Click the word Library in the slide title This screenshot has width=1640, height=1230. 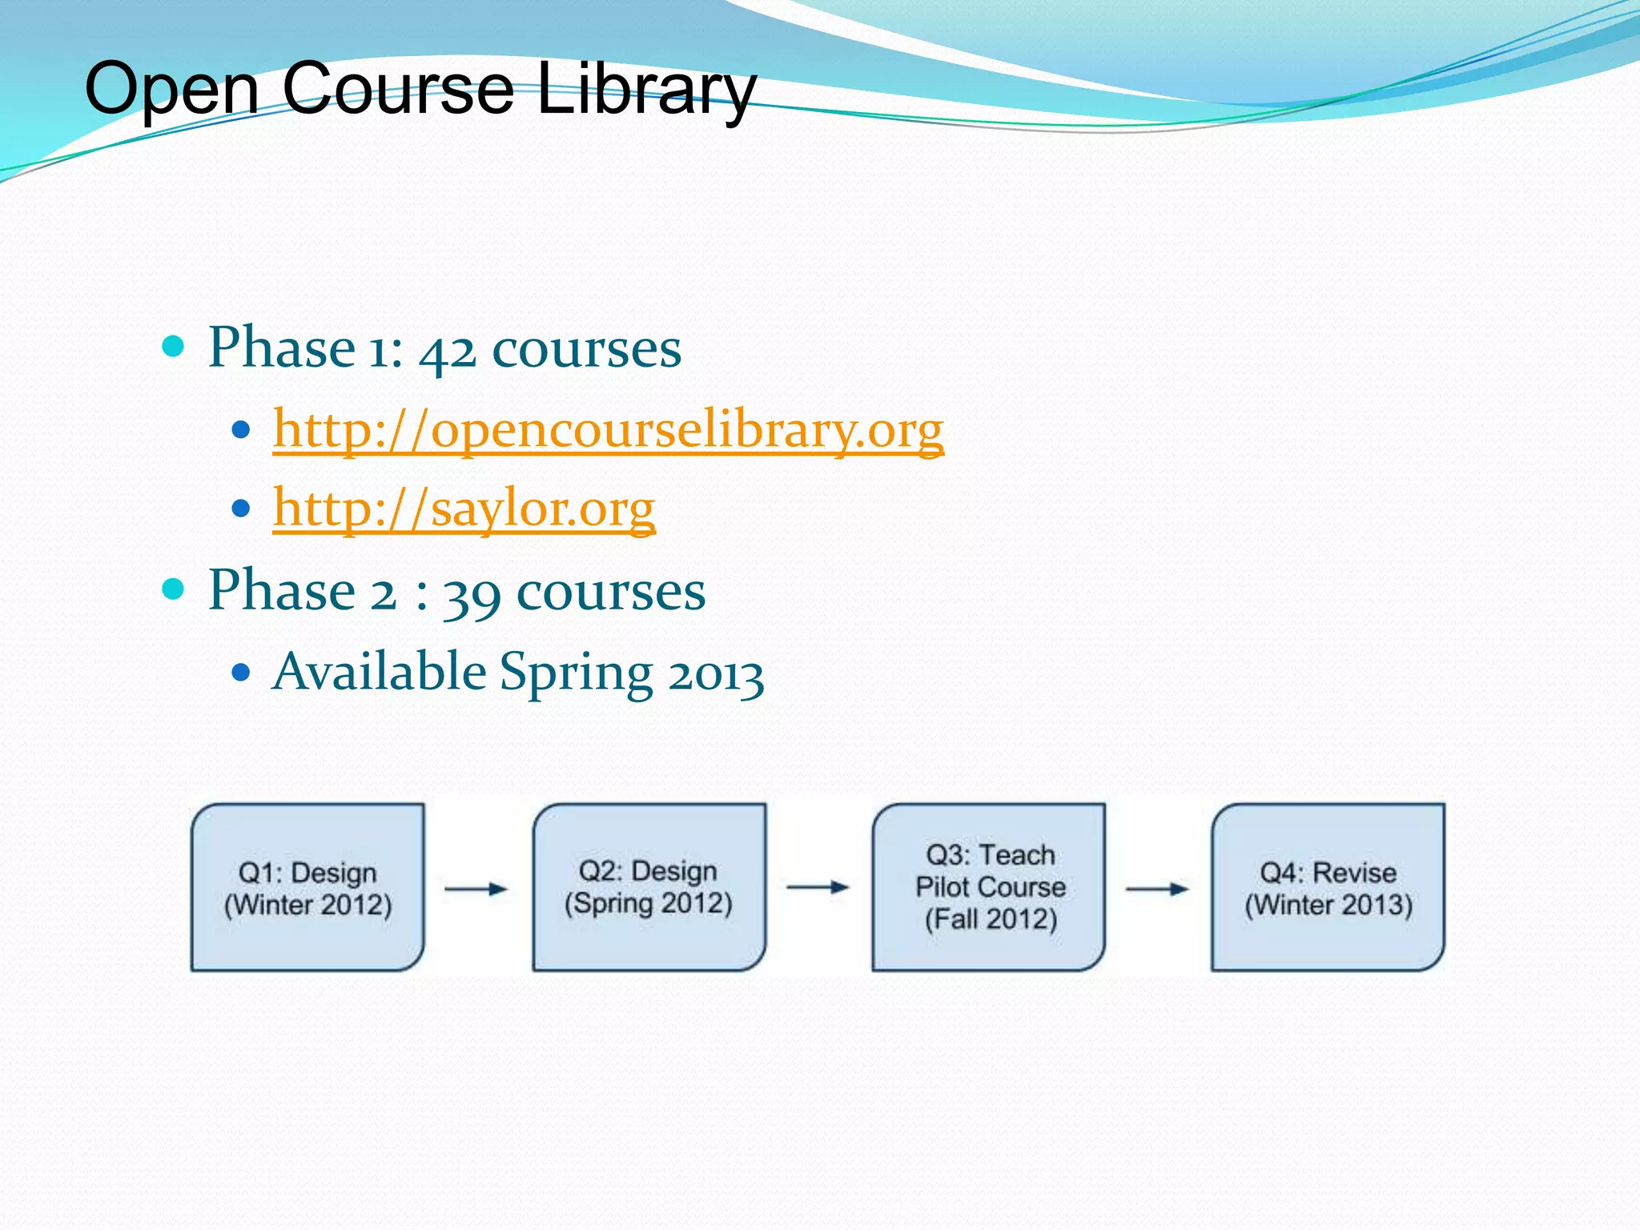645,88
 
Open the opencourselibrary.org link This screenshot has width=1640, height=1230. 608,430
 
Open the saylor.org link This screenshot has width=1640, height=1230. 464,508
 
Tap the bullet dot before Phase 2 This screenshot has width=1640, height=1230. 173,590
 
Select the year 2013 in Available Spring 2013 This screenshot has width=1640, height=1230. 716,674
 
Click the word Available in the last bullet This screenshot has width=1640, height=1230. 379,671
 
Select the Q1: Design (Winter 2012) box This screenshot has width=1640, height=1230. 307,887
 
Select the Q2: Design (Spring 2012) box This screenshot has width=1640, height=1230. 649,887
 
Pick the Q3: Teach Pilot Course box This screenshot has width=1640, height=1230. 990,887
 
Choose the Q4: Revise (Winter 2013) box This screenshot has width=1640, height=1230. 1328,887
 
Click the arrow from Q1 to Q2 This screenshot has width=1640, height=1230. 476,888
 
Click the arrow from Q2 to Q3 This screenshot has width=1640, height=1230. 818,887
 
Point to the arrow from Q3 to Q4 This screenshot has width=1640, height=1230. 1157,888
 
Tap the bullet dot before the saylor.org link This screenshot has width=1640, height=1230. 240,508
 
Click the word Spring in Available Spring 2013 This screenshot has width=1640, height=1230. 576,673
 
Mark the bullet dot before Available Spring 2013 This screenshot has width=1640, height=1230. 240,671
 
